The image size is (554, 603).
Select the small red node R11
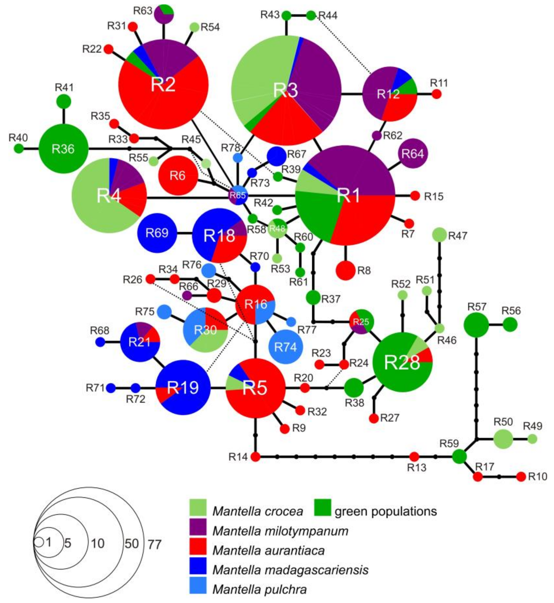(437, 94)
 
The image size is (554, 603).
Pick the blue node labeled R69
(157, 233)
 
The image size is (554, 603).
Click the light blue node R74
(286, 347)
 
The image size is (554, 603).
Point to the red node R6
(178, 175)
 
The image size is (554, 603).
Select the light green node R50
(503, 439)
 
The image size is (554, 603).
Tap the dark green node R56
(510, 324)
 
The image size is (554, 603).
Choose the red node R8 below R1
(346, 270)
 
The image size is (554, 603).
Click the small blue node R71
(111, 388)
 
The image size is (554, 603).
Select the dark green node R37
(313, 297)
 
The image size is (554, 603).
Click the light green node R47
(439, 235)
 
